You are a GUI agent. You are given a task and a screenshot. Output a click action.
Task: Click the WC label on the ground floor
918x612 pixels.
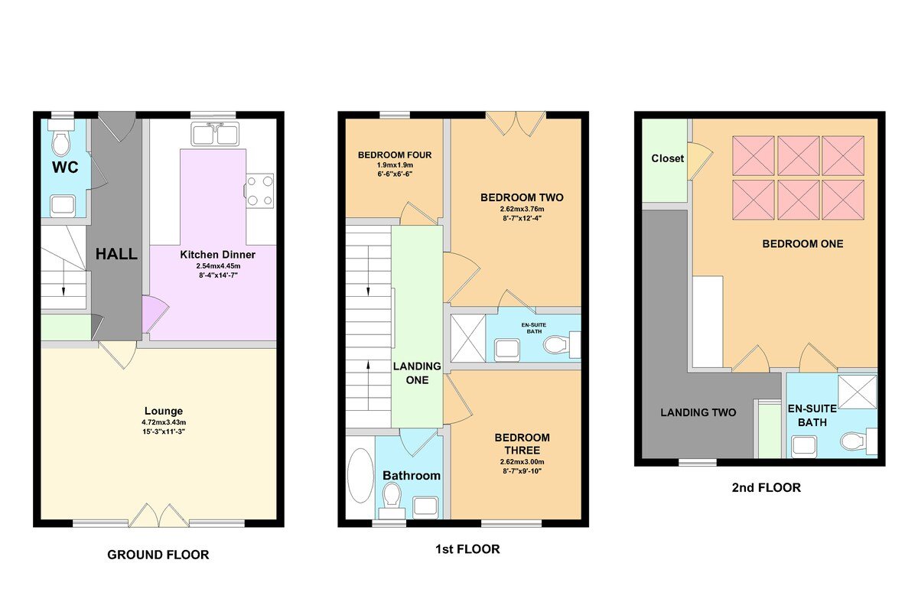click(x=64, y=166)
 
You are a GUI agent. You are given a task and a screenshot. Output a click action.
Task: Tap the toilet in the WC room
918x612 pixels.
click(x=61, y=143)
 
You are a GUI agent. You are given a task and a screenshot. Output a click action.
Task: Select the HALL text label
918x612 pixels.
click(x=116, y=254)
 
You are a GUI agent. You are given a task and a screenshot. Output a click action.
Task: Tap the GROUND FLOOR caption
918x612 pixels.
click(x=158, y=555)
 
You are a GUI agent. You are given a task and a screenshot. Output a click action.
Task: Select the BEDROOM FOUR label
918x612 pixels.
click(x=395, y=155)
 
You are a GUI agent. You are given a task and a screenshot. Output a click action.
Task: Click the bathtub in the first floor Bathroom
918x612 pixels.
click(x=360, y=475)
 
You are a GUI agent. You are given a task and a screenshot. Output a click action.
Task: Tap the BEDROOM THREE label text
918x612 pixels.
click(x=522, y=444)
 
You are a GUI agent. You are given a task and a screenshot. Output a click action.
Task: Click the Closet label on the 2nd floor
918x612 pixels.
click(x=668, y=158)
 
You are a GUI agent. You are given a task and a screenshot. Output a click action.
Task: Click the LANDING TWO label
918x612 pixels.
click(x=698, y=412)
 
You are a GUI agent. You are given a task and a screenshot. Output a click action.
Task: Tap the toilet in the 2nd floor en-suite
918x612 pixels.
click(x=855, y=441)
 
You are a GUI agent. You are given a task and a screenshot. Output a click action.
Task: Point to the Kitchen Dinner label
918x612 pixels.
click(x=217, y=254)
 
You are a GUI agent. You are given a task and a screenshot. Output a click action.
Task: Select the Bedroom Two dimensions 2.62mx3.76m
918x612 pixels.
click(x=521, y=210)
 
